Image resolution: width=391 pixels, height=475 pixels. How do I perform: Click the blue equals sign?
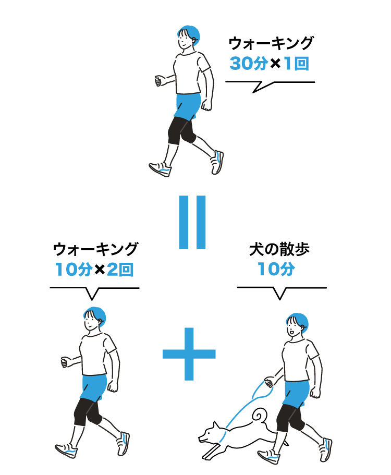click(192, 222)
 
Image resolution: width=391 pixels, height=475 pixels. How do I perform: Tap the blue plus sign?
click(189, 354)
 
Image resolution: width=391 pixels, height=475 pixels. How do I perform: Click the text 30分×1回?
click(269, 64)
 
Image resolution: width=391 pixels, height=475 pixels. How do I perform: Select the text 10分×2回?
click(94, 270)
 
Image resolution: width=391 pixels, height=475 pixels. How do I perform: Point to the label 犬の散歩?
click(279, 249)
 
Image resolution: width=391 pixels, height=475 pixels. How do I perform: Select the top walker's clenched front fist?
click(158, 81)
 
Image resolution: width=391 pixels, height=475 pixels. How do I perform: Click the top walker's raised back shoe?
click(217, 162)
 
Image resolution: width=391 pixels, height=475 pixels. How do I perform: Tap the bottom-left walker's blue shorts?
click(93, 387)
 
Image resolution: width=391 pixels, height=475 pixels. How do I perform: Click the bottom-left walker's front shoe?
click(66, 450)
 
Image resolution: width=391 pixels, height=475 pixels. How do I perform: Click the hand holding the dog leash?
click(268, 382)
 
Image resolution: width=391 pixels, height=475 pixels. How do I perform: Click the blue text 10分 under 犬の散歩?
click(276, 269)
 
